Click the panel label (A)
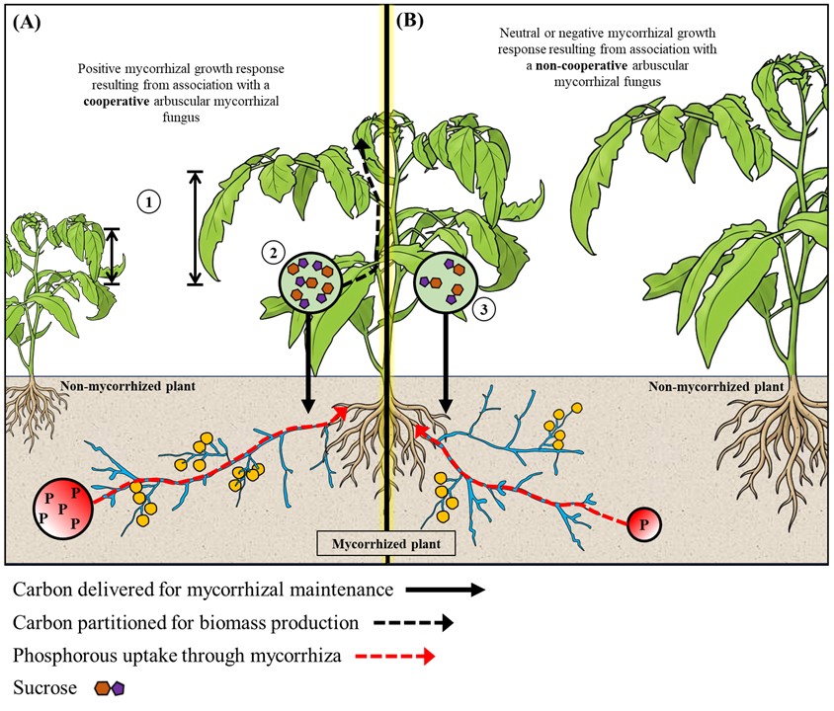point(26,21)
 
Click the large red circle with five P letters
point(63,509)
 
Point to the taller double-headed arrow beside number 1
point(195,228)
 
